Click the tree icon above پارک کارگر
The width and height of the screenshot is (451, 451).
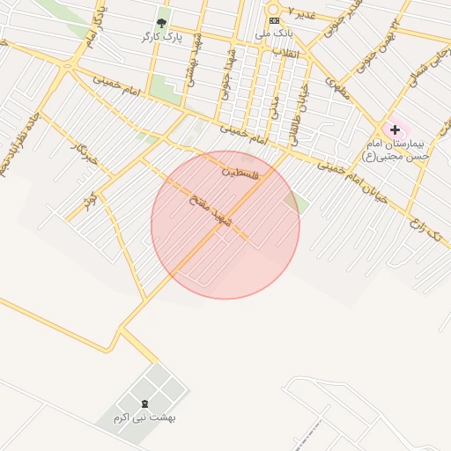[x=160, y=22]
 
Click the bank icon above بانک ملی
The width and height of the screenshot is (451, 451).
[x=274, y=19]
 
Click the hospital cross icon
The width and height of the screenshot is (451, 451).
[x=394, y=129]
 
